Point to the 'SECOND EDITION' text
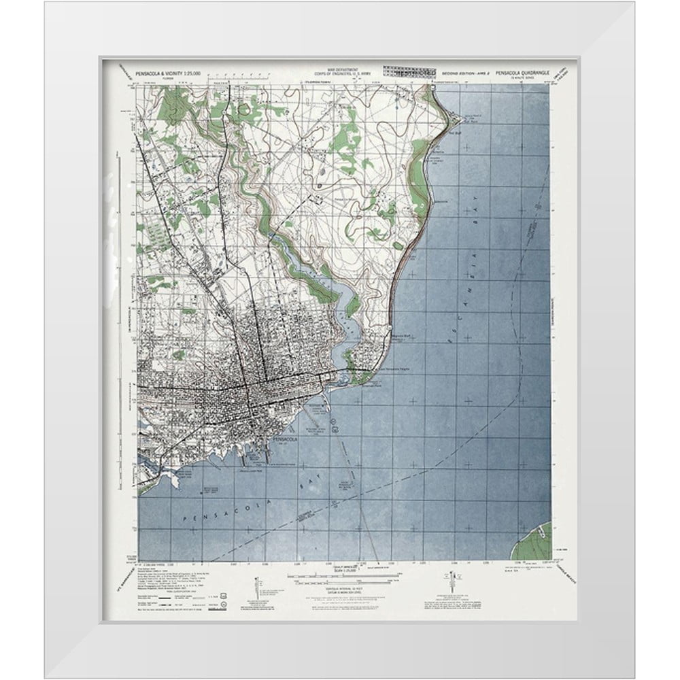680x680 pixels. tap(457, 72)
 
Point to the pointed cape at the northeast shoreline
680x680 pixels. tap(435, 92)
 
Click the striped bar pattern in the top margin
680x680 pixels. tap(409, 69)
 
